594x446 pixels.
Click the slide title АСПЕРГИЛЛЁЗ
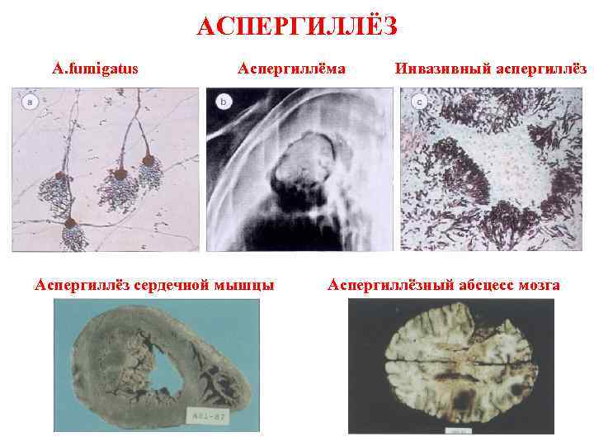point(297,26)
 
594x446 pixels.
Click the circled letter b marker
point(224,102)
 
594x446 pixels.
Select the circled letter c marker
point(419,102)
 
